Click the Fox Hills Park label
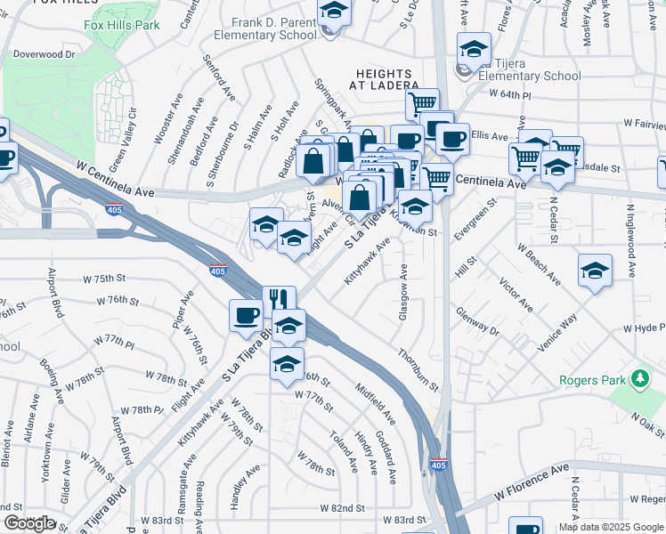coord(122,25)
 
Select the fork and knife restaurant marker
coord(279,300)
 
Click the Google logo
coord(29,523)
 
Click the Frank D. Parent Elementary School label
coord(264,28)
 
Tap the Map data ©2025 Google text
coord(610,527)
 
